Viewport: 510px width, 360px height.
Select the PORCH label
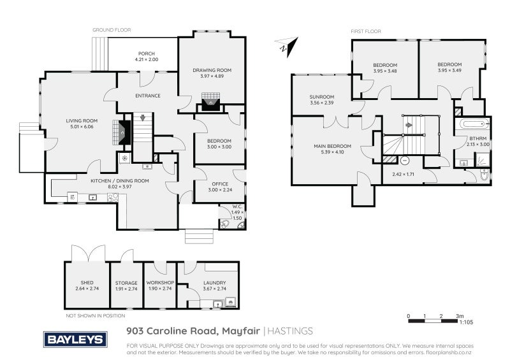click(x=147, y=54)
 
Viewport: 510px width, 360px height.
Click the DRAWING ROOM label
click(x=212, y=70)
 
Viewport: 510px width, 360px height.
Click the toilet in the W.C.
click(x=224, y=223)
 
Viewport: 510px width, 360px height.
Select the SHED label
click(x=87, y=283)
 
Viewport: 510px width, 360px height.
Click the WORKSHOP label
click(x=160, y=283)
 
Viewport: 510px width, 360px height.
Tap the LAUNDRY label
click(x=214, y=283)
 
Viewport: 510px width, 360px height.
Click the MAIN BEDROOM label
click(x=328, y=147)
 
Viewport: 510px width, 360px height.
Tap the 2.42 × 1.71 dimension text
click(x=403, y=174)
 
